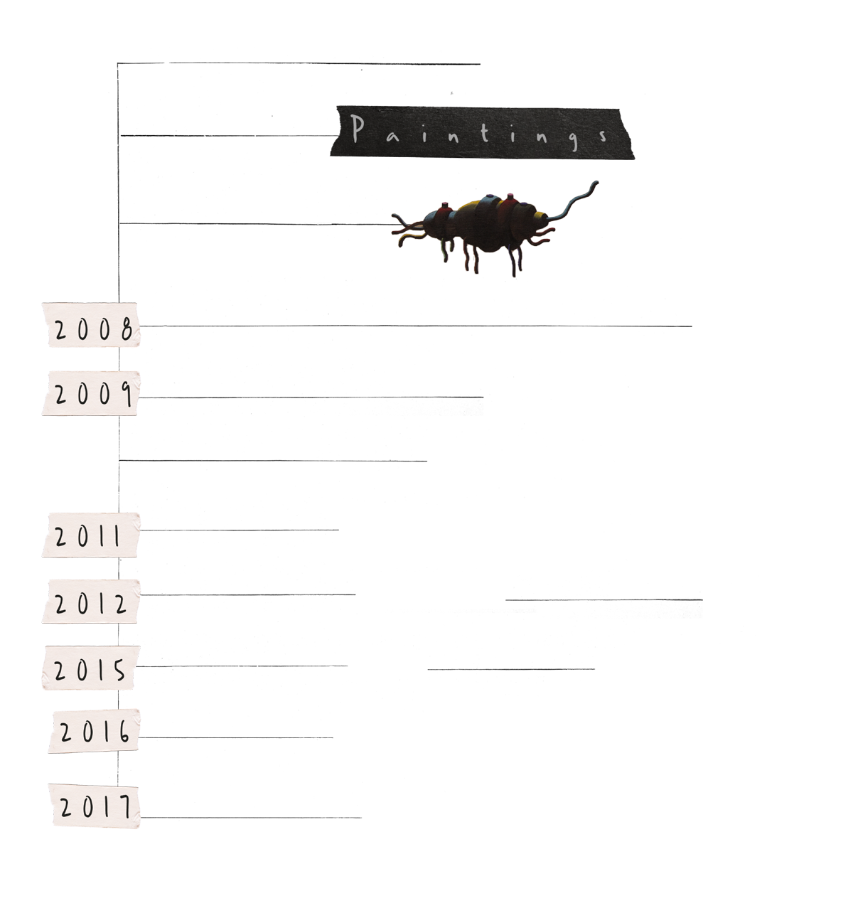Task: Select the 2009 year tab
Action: click(91, 393)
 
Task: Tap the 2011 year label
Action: click(91, 535)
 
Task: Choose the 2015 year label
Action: click(91, 668)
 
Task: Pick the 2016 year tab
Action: click(95, 731)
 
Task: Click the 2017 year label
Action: click(95, 806)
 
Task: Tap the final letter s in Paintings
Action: click(604, 135)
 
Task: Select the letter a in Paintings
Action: click(393, 135)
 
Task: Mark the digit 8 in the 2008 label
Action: click(127, 330)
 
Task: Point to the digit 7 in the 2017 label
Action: click(126, 807)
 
